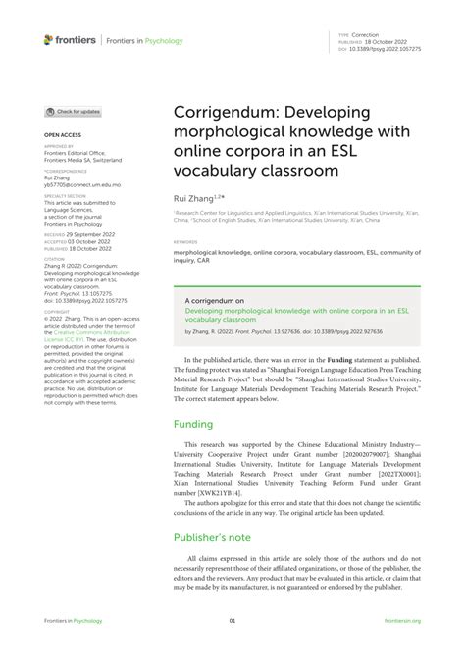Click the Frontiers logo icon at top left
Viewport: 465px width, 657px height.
(49, 39)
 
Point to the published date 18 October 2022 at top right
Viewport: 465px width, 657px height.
(387, 41)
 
